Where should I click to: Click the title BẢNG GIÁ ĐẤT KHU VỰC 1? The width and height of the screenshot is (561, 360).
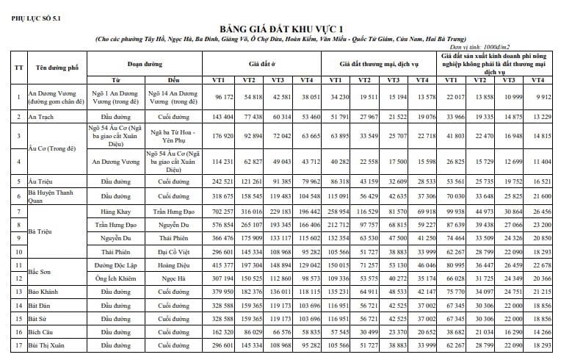(x=280, y=27)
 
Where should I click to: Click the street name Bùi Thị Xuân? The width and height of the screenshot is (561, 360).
(x=48, y=345)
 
